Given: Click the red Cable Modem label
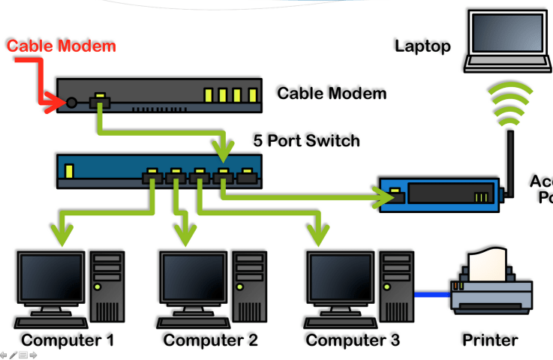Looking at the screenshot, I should tap(62, 46).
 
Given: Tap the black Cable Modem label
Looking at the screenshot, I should tap(332, 94).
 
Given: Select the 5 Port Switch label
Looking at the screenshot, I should tap(306, 141).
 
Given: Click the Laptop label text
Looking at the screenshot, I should tap(423, 46).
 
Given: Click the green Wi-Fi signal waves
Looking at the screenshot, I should tap(510, 104).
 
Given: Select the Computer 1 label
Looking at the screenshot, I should tap(68, 340).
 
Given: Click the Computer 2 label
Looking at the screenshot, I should tap(211, 340).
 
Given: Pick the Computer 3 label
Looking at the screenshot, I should tap(353, 340).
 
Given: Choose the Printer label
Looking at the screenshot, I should tap(490, 340).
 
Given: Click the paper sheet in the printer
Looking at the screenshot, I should tap(488, 262).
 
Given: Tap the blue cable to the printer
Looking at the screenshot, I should tap(432, 293).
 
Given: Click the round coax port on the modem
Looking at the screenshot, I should tap(72, 103).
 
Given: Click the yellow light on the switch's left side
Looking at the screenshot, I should tap(70, 172).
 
